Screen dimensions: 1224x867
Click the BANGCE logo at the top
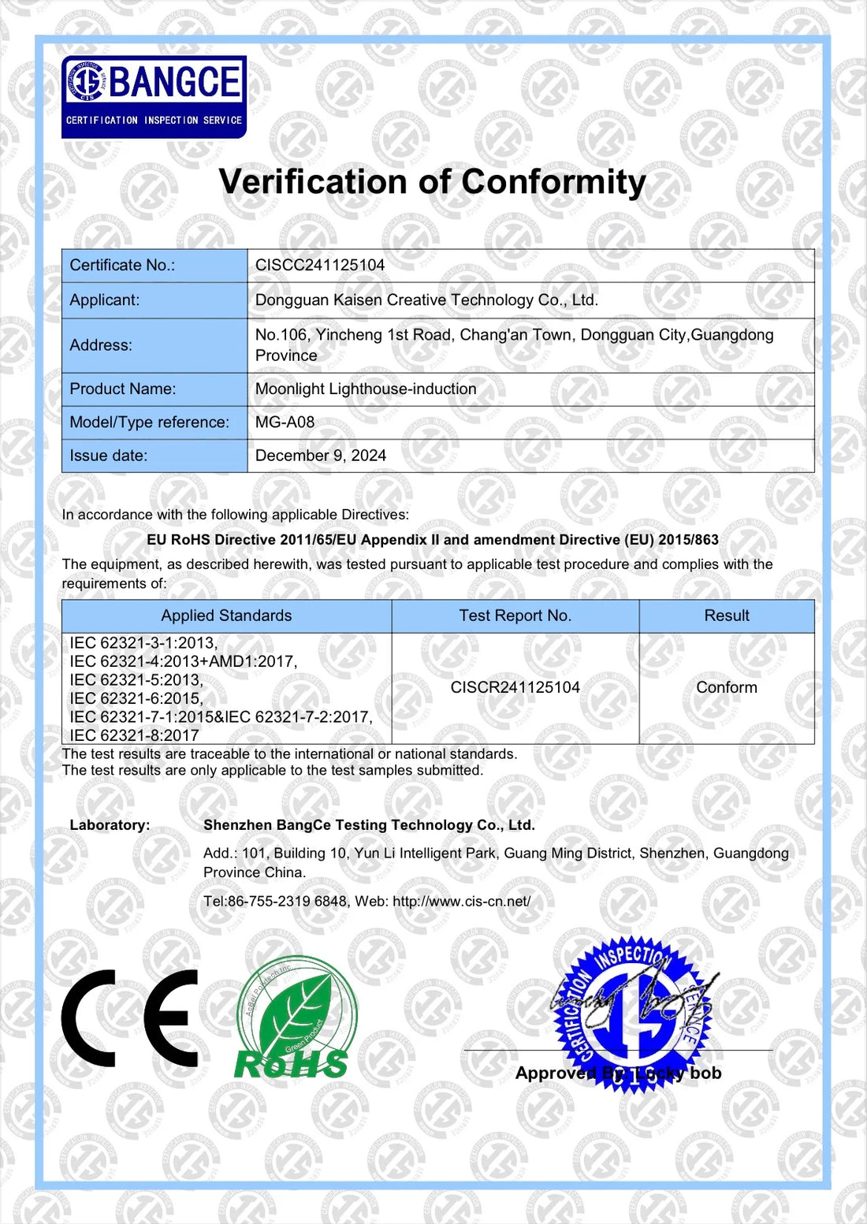coord(154,97)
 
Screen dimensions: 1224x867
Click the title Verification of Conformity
coord(432,182)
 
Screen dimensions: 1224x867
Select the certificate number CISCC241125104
coord(320,266)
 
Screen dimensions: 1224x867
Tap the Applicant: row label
coord(104,300)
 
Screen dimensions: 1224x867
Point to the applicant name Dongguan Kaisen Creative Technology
coord(426,300)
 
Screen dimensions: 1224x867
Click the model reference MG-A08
coord(285,422)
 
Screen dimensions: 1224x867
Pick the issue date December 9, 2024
coord(320,456)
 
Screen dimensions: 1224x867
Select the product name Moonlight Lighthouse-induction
coord(366,389)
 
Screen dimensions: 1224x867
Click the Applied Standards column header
coord(226,616)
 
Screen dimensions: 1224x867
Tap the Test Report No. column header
coord(515,616)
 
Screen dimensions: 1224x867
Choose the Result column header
coord(726,616)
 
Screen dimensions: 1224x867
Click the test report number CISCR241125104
coord(515,687)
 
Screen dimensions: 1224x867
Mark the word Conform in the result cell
coord(726,687)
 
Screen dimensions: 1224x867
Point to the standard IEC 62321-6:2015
coord(136,698)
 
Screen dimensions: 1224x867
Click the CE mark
coord(131,1018)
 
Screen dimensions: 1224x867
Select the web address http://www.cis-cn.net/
coord(461,902)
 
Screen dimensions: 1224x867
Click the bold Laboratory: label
coord(110,825)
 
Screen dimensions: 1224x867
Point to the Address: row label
coord(101,345)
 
